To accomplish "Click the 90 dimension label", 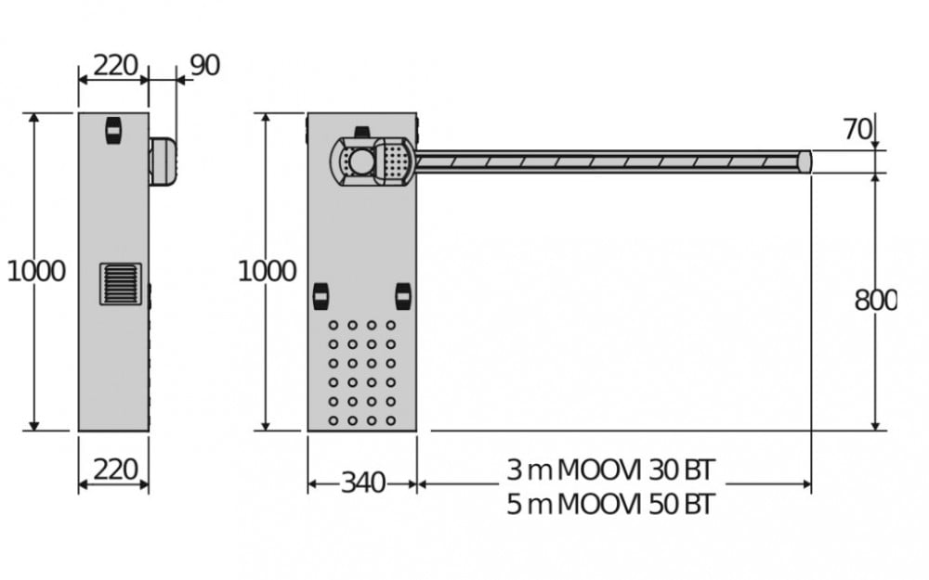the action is point(205,65).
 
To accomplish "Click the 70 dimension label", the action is point(857,130).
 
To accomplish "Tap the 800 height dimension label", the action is point(875,301).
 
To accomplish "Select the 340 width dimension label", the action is point(363,483).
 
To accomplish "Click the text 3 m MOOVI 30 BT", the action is point(611,470).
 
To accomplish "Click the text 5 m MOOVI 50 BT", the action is point(611,505).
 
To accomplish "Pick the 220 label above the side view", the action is point(115,65).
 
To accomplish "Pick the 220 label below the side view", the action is point(115,470).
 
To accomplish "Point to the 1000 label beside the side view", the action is point(36,272).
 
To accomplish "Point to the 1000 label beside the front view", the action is point(268,272).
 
